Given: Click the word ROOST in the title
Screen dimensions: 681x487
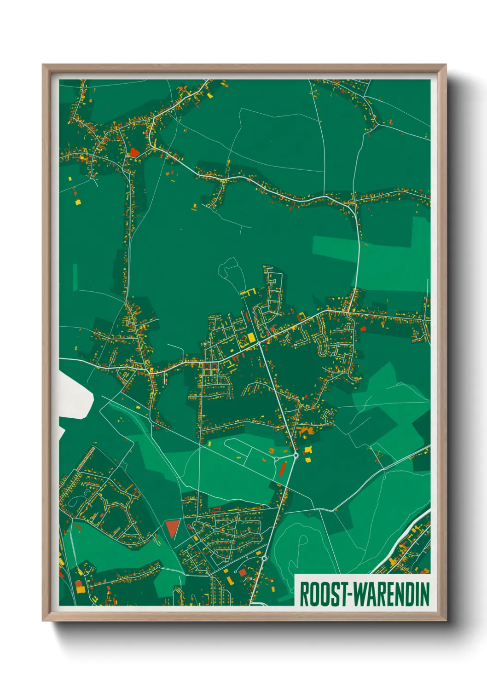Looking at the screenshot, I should pos(325,594).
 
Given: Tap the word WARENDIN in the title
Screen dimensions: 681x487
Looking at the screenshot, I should pos(392,594).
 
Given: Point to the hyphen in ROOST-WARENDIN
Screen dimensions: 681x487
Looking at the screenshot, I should pos(352,594).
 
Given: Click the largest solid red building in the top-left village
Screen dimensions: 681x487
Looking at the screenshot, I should pos(134,152).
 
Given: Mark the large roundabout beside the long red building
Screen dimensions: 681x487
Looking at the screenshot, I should pos(296,455).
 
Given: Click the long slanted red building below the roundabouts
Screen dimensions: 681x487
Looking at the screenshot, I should pos(283,469).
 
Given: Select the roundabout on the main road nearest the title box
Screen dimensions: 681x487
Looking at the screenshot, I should pos(264,558).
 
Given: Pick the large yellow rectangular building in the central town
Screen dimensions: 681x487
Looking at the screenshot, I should pos(251,338).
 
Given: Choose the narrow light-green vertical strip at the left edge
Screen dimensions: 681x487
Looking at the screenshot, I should pos(75,277).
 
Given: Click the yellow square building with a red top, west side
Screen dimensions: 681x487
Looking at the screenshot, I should pos(77,201).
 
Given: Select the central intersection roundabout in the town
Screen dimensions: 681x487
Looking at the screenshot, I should pos(259,343).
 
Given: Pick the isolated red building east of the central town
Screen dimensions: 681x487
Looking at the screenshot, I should pos(363,329).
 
